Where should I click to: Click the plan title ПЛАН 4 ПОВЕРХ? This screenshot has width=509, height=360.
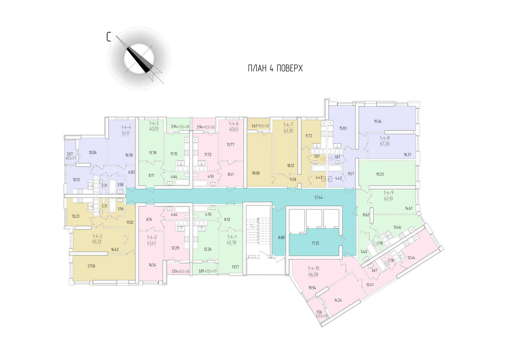point(275,68)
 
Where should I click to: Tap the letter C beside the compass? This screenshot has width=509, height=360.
point(109,37)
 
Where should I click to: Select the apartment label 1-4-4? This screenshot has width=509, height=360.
point(126,127)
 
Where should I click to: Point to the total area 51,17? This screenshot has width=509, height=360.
point(126,134)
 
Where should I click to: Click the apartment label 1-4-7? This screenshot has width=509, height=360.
point(288,125)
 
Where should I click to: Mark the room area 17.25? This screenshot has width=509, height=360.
point(315,243)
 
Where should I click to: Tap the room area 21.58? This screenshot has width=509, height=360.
point(91,266)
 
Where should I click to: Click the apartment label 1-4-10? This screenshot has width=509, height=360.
point(313,268)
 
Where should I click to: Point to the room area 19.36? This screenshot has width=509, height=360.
point(378,121)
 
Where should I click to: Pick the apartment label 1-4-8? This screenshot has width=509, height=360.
point(384,138)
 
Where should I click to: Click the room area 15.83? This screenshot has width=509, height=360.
point(343,128)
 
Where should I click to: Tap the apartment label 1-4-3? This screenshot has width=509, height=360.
point(97,236)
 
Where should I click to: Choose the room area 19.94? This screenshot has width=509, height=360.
point(312,288)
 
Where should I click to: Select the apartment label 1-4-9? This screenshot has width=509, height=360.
point(388,192)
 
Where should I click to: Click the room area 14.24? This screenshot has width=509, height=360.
point(338,300)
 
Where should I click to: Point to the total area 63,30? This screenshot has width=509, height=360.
point(288,131)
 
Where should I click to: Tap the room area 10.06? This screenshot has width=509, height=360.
point(93,152)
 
